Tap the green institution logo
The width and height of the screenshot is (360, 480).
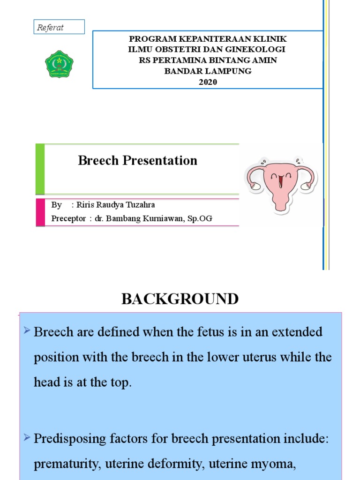click(x=59, y=64)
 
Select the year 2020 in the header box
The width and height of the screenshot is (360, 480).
click(x=208, y=82)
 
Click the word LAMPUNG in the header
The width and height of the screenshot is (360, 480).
click(x=227, y=71)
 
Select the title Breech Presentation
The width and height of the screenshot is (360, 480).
click(x=137, y=161)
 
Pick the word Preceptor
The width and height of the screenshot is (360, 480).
click(x=68, y=218)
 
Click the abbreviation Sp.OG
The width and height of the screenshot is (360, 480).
click(x=201, y=218)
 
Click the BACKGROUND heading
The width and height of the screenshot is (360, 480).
click(x=180, y=299)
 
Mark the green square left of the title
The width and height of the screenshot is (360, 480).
click(x=40, y=169)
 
